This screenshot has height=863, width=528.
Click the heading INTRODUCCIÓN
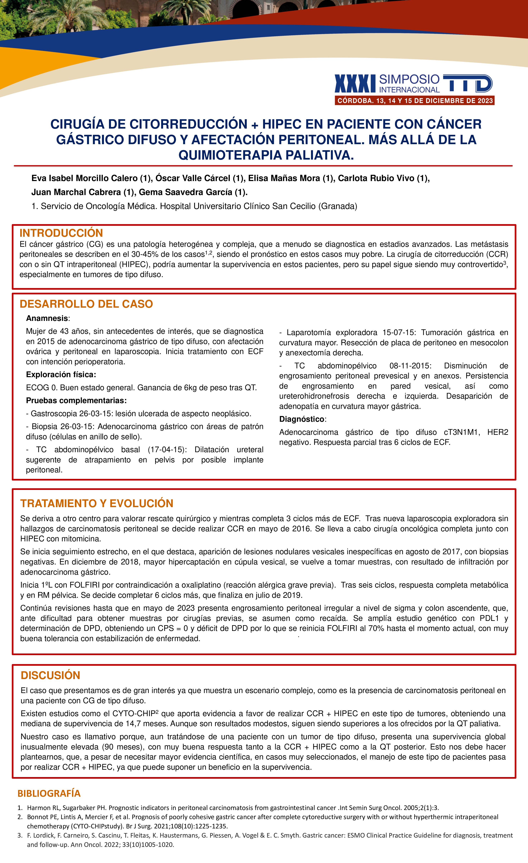(61, 233)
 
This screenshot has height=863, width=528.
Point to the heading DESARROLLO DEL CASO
(86, 304)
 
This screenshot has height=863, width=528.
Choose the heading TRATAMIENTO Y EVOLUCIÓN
(97, 503)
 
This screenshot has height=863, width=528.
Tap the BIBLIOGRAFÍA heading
(49, 793)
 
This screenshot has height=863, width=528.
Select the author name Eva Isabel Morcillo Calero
(84, 178)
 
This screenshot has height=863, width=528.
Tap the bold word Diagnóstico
(301, 419)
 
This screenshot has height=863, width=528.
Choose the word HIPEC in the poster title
(282, 124)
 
